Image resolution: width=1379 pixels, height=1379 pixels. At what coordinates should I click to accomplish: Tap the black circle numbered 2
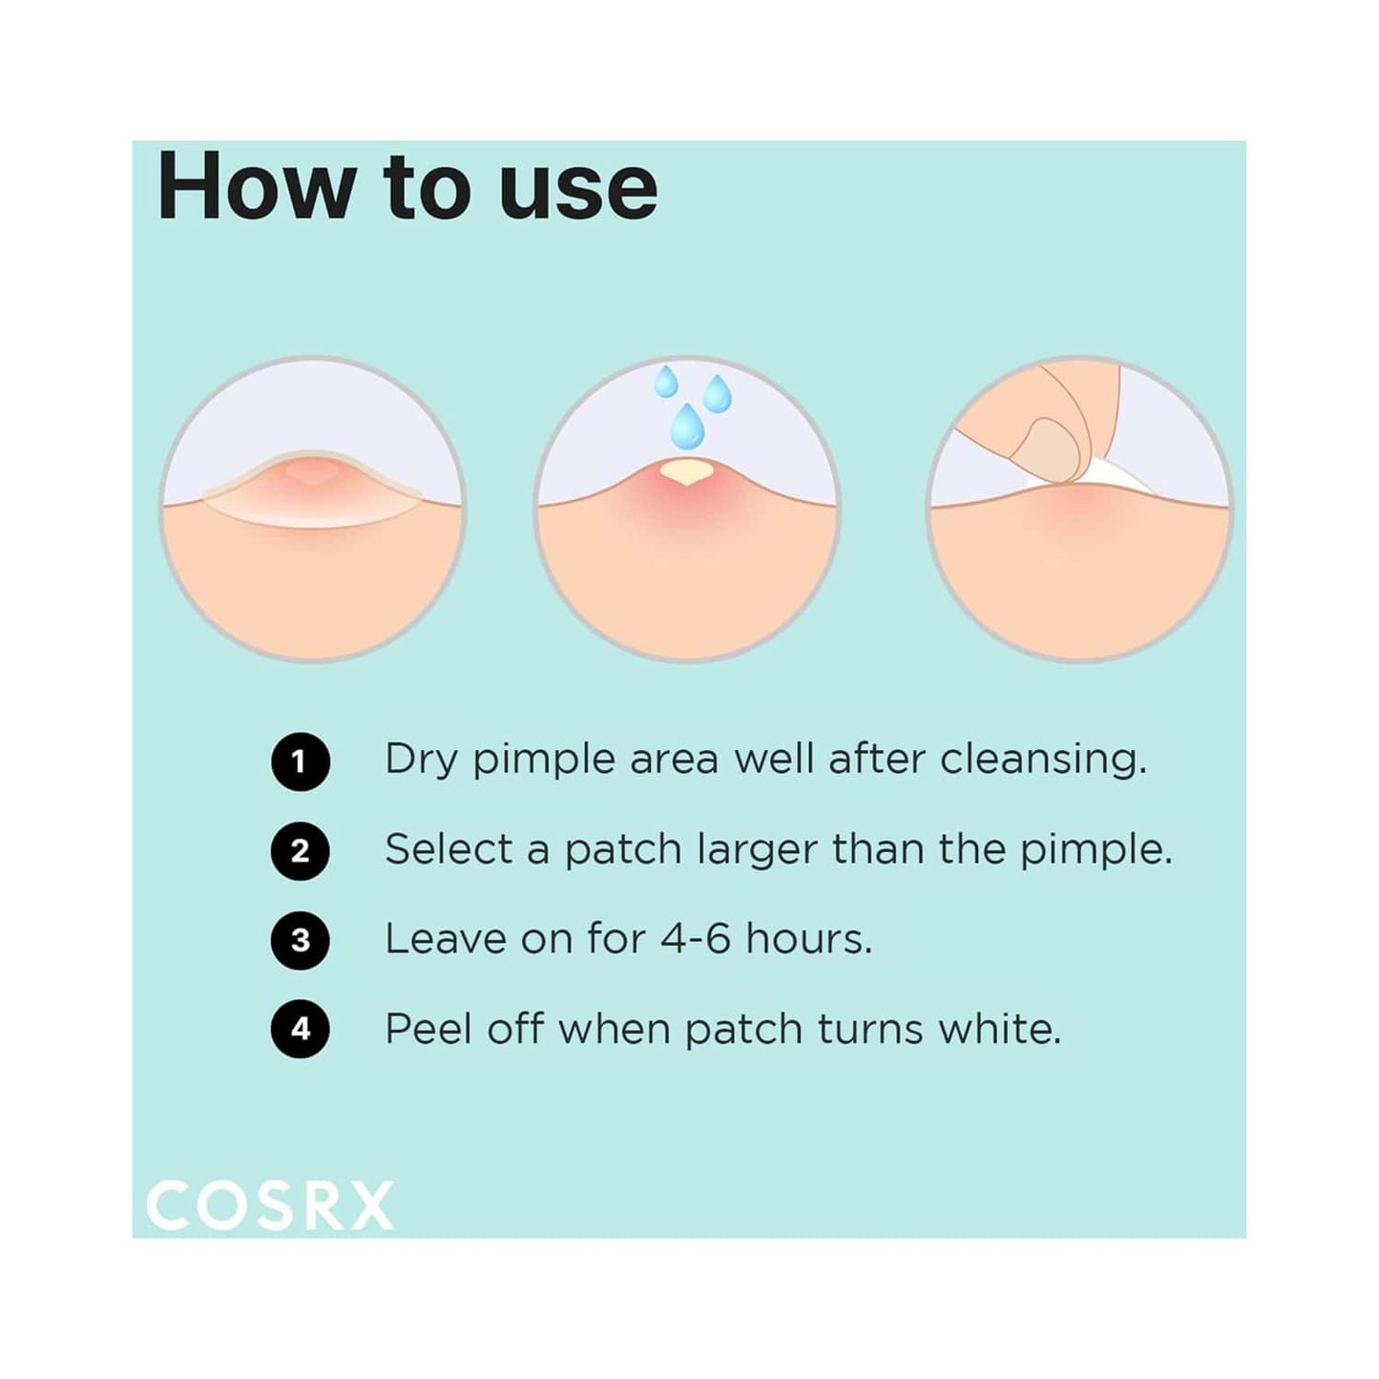[x=300, y=850]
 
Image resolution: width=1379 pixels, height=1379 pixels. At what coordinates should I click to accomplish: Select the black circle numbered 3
[x=300, y=940]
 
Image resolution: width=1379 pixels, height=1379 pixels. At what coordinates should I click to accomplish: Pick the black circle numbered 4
[x=300, y=1029]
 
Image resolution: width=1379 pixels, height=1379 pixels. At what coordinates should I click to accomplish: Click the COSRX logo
[x=270, y=1205]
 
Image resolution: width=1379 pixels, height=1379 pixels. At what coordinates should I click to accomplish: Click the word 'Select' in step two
[x=449, y=849]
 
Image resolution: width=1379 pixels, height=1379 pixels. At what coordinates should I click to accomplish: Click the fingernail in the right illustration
[x=1049, y=449]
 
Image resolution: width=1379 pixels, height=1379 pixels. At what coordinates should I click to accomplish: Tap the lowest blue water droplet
[x=686, y=426]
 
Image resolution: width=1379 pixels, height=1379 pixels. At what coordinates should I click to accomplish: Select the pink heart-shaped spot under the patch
[x=312, y=472]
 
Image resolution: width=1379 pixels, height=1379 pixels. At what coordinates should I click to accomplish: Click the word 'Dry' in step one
[x=420, y=761]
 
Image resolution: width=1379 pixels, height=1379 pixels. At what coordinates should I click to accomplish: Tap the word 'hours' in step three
[x=808, y=939]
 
